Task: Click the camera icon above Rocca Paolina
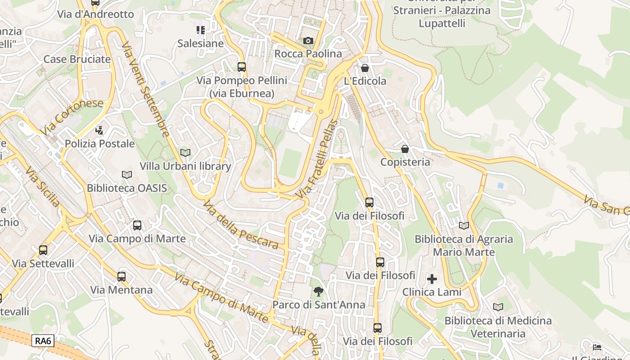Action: pyautogui.click(x=308, y=41)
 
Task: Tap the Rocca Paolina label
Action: pyautogui.click(x=308, y=54)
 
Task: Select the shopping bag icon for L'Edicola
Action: pyautogui.click(x=365, y=68)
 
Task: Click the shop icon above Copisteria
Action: pyautogui.click(x=405, y=149)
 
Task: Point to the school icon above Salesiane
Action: pyautogui.click(x=200, y=30)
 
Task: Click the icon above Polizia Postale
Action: pyautogui.click(x=99, y=130)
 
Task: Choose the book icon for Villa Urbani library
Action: pyautogui.click(x=185, y=153)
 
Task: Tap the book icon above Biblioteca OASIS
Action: pyautogui.click(x=127, y=175)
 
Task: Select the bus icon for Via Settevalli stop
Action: pyautogui.click(x=43, y=250)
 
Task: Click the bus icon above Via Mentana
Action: pyautogui.click(x=121, y=277)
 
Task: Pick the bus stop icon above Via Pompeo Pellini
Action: pyautogui.click(x=242, y=67)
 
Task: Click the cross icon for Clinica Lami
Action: pyautogui.click(x=432, y=279)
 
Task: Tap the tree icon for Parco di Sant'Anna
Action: pyautogui.click(x=319, y=292)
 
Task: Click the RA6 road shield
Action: pyautogui.click(x=44, y=341)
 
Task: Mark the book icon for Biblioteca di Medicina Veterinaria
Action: pyautogui.click(x=498, y=307)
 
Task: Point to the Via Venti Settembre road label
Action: pyautogui.click(x=145, y=90)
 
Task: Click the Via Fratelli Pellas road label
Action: pyautogui.click(x=317, y=159)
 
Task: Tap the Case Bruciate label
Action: pyautogui.click(x=77, y=59)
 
